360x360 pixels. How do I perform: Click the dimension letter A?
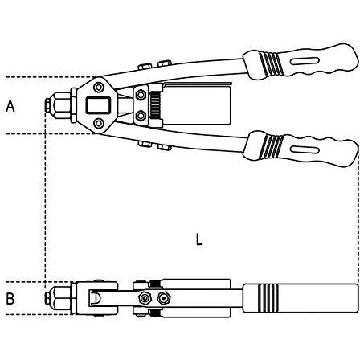pyautogui.click(x=10, y=106)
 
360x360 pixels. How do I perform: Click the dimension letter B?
pyautogui.click(x=10, y=298)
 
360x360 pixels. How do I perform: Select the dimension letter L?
pyautogui.click(x=199, y=239)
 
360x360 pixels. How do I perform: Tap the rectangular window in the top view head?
pyautogui.click(x=98, y=105)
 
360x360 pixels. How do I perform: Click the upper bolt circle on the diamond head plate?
pyautogui.click(x=99, y=87)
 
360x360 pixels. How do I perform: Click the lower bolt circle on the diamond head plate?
pyautogui.click(x=99, y=123)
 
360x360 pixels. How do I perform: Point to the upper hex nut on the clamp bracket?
pyautogui.click(x=141, y=95)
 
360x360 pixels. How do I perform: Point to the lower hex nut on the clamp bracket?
pyautogui.click(x=141, y=116)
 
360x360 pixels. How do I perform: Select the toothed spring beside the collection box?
pyautogui.click(x=155, y=105)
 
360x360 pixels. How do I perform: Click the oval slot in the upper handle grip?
pyautogui.click(x=305, y=61)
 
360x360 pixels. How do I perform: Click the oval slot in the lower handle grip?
pyautogui.click(x=305, y=149)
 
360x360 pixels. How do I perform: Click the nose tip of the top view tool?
pyautogui.click(x=47, y=105)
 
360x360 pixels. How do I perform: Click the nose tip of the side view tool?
pyautogui.click(x=47, y=298)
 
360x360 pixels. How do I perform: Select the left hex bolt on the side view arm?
pyautogui.click(x=145, y=298)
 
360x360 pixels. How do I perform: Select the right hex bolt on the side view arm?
pyautogui.click(x=164, y=298)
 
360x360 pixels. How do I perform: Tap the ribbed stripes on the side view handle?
pyautogui.click(x=268, y=298)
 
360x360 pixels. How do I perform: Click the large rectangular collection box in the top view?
pyautogui.click(x=196, y=104)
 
